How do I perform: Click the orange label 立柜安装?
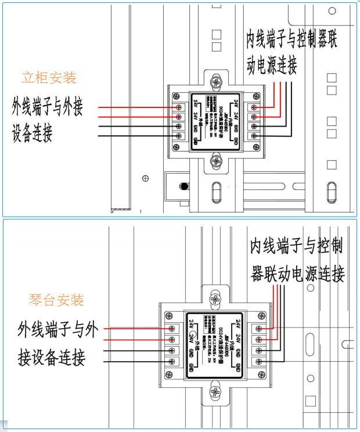point(49,77)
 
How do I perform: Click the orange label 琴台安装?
point(56,300)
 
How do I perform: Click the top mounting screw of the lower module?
point(215,299)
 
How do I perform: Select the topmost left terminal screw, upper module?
point(178,107)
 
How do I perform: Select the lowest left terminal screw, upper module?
point(178,136)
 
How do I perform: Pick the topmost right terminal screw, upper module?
point(254,107)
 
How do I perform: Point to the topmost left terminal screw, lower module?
point(171,328)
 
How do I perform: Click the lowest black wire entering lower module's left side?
point(134,361)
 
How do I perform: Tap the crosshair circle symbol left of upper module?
point(145,178)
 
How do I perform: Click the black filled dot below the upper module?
point(184,186)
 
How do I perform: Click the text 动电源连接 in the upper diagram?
point(272,64)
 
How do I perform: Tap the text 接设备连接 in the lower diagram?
point(52,357)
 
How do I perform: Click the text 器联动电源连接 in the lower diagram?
point(297,273)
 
